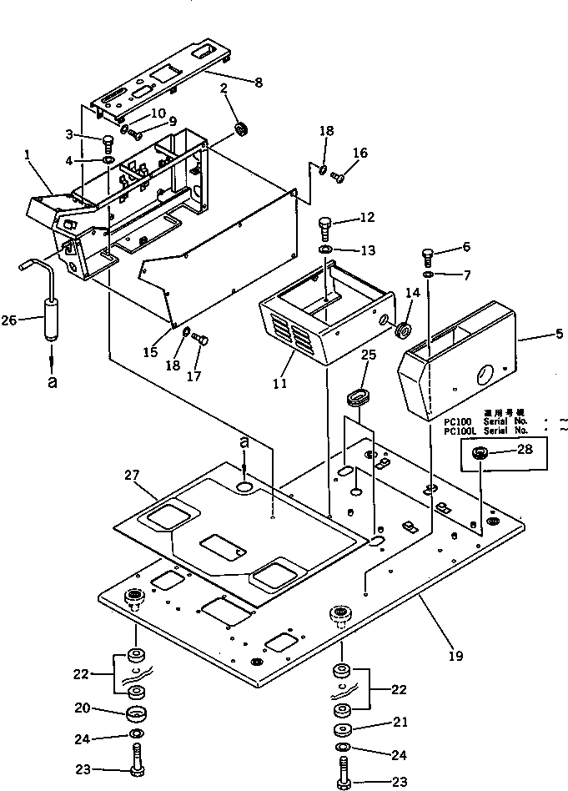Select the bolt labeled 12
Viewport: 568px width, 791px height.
point(326,225)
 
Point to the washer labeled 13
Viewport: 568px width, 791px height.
point(326,250)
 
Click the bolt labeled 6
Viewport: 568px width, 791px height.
point(428,254)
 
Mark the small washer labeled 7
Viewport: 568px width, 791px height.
point(428,274)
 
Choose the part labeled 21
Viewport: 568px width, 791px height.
point(342,729)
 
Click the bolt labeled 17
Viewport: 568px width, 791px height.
point(199,339)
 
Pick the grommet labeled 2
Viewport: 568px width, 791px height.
point(243,128)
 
